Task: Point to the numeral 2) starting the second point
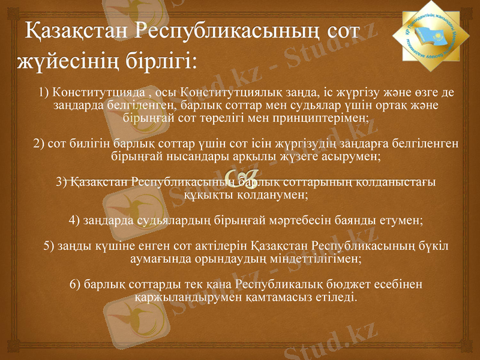tap(39, 144)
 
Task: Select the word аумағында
tap(158, 259)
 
